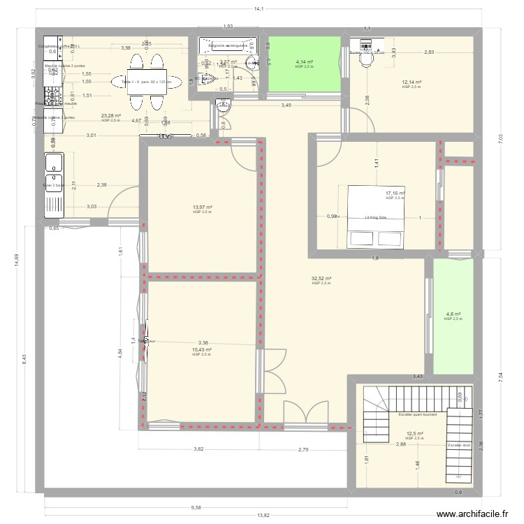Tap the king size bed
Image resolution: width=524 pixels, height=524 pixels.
[376, 217]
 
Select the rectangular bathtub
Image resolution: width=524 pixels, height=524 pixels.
[226, 46]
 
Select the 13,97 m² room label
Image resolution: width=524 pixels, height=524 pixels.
[203, 207]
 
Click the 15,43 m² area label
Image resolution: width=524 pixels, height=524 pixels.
[202, 349]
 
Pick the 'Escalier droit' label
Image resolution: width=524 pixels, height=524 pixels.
[459, 445]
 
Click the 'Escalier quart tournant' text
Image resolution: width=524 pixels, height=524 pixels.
[417, 414]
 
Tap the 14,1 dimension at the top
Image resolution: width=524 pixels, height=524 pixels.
[258, 9]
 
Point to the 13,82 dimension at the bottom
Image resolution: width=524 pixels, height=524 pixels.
[263, 515]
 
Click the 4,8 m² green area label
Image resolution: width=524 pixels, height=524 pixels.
[453, 314]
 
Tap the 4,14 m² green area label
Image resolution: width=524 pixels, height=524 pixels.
[304, 62]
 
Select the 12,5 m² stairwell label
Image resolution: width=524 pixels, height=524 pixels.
[415, 433]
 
